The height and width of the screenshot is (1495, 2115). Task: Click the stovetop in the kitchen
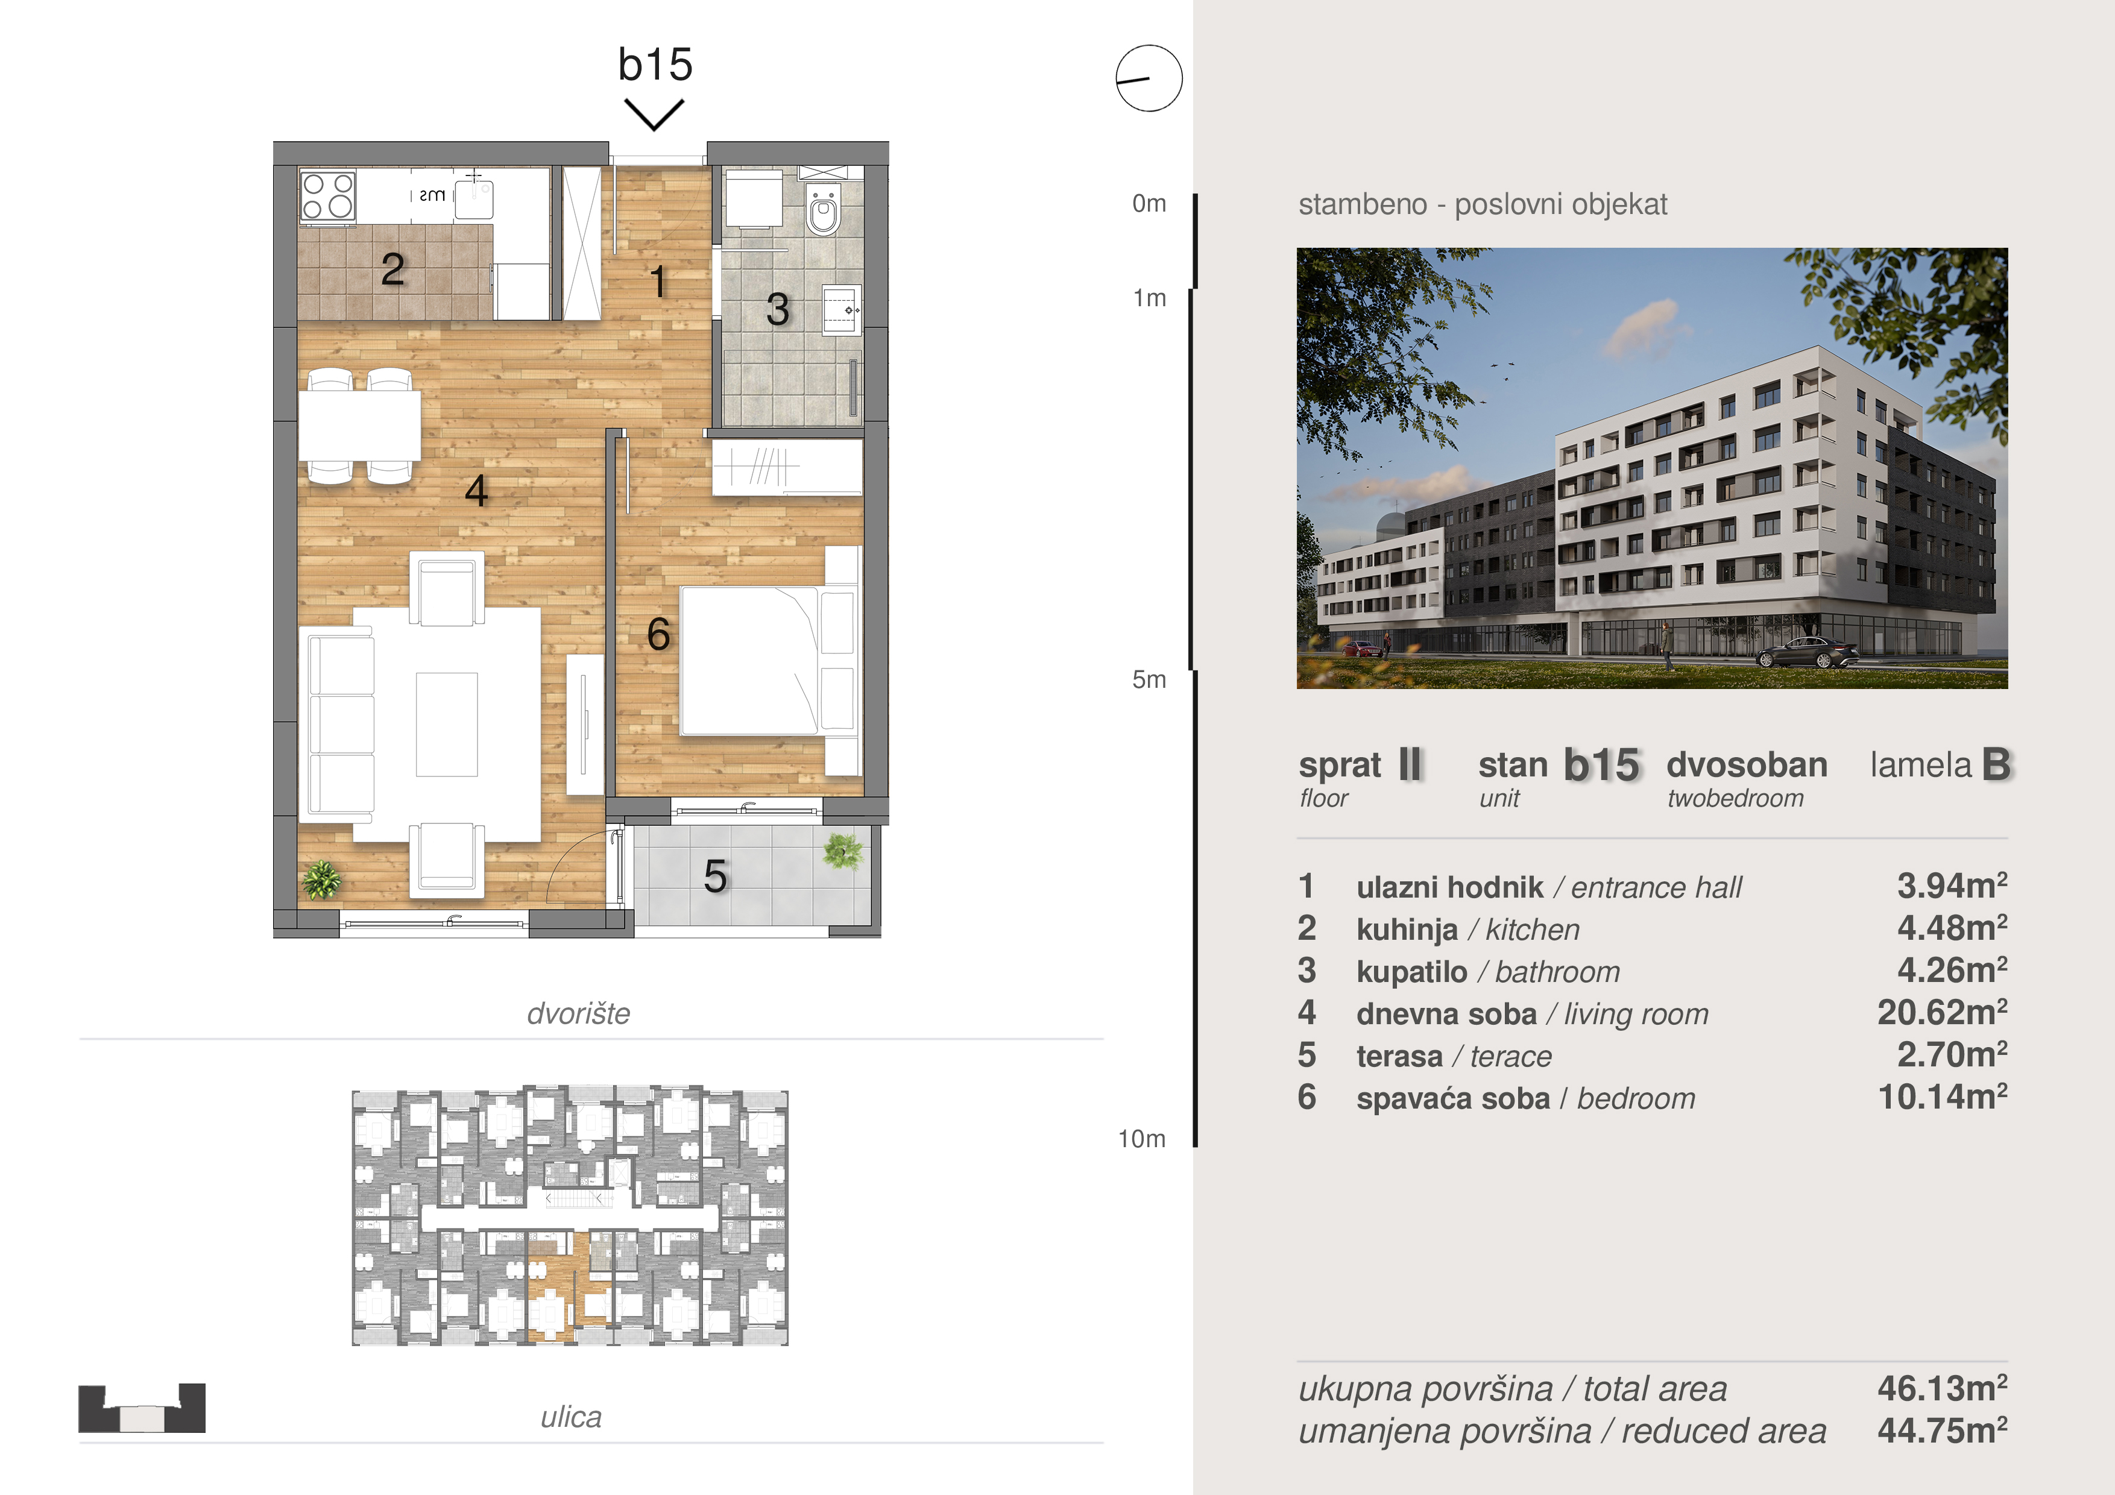click(x=328, y=195)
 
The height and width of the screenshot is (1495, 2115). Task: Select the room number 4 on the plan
click(x=476, y=490)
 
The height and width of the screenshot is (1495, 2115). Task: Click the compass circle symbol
click(x=1149, y=78)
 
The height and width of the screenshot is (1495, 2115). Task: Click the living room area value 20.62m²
click(x=1942, y=1012)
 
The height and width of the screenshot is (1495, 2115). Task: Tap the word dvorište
click(x=579, y=1013)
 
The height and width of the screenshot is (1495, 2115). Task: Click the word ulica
click(x=571, y=1417)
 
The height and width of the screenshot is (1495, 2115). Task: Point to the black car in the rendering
click(x=1808, y=652)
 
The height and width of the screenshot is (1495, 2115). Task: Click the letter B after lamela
click(x=1996, y=764)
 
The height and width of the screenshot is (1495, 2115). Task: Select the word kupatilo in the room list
click(x=1411, y=972)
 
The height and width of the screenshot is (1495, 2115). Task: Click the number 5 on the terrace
click(x=715, y=876)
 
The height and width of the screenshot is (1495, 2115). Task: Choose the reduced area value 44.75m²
click(x=1942, y=1430)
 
